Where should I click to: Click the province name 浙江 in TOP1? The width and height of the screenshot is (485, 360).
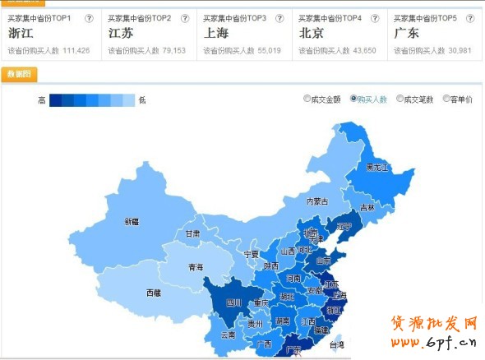click(21, 34)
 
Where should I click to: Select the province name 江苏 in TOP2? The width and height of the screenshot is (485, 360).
click(122, 34)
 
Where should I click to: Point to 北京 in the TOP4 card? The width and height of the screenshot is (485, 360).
click(312, 34)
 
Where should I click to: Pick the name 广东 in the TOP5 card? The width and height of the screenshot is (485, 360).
click(407, 34)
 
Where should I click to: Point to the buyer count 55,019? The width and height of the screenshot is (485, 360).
click(266, 51)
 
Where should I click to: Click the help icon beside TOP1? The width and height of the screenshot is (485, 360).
click(89, 18)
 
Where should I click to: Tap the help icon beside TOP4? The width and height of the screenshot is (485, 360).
click(372, 18)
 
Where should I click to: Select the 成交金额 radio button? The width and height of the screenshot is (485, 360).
click(307, 99)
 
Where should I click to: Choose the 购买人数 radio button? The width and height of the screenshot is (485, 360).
click(354, 99)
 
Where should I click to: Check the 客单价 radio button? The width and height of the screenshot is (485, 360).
click(446, 99)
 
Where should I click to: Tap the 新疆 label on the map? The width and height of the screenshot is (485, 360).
click(132, 221)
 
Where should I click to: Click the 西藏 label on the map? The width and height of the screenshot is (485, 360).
click(153, 293)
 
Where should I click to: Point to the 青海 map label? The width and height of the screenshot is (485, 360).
click(196, 267)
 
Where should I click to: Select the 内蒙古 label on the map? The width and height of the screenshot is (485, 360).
click(317, 201)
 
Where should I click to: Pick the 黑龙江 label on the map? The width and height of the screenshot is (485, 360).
click(377, 167)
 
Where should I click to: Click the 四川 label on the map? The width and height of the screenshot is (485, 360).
click(234, 302)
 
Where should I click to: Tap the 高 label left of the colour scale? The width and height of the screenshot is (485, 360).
click(41, 100)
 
